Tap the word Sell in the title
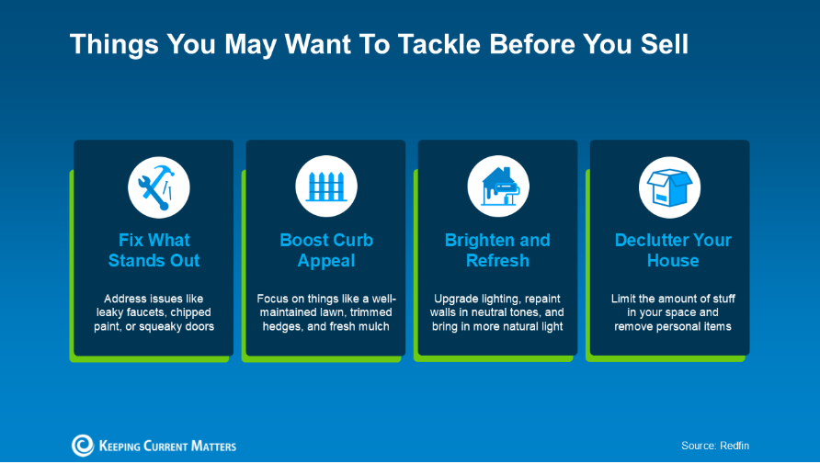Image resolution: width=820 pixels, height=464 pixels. [664, 44]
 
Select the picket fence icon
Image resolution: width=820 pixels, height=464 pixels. [326, 187]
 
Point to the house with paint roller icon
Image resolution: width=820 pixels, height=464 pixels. [498, 187]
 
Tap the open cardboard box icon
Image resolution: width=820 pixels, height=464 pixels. [669, 187]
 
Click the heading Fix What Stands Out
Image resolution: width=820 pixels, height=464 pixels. [154, 250]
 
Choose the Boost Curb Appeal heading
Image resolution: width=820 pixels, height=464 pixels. [326, 250]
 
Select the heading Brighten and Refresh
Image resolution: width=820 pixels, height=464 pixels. [497, 250]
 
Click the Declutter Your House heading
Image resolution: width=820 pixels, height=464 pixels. [673, 250]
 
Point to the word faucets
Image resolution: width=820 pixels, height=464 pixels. [146, 312]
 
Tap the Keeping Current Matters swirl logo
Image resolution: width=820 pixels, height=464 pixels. [83, 446]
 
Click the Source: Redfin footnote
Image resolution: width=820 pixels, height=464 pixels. [715, 446]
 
